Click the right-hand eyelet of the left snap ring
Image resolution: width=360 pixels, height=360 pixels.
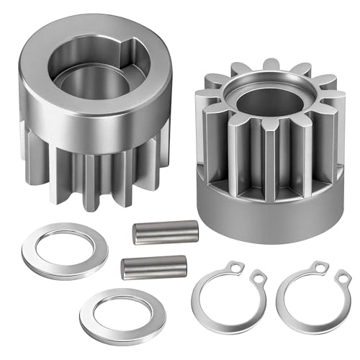coord(256,276)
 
